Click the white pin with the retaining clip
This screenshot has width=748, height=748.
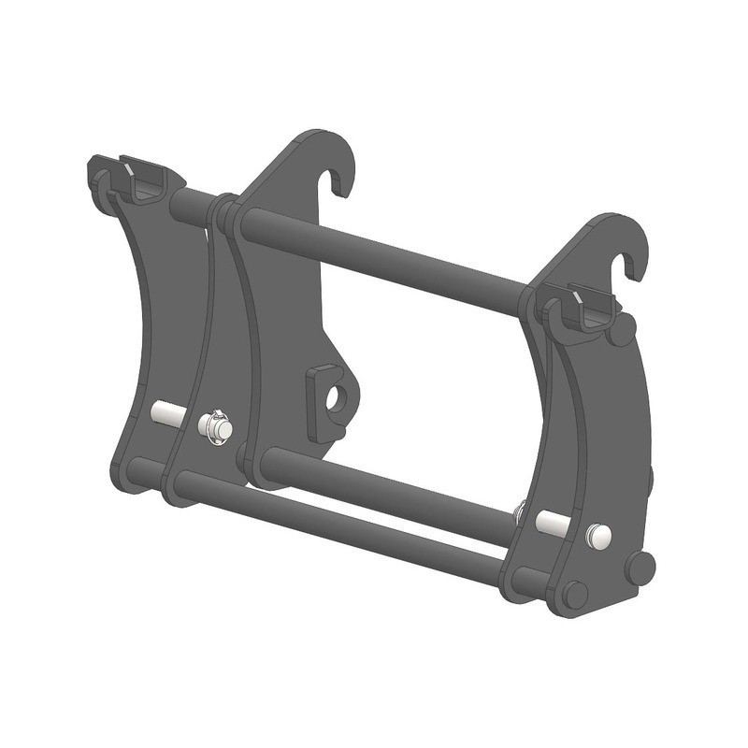click(x=215, y=428)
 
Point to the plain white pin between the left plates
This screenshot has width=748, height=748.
click(x=166, y=413)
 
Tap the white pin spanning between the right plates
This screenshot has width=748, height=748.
click(x=554, y=524)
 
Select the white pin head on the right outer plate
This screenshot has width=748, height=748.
click(x=598, y=536)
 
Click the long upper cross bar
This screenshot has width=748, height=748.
click(x=374, y=256)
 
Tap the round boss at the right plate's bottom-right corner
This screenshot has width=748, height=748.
click(x=640, y=568)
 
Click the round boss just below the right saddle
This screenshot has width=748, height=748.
click(x=622, y=331)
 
